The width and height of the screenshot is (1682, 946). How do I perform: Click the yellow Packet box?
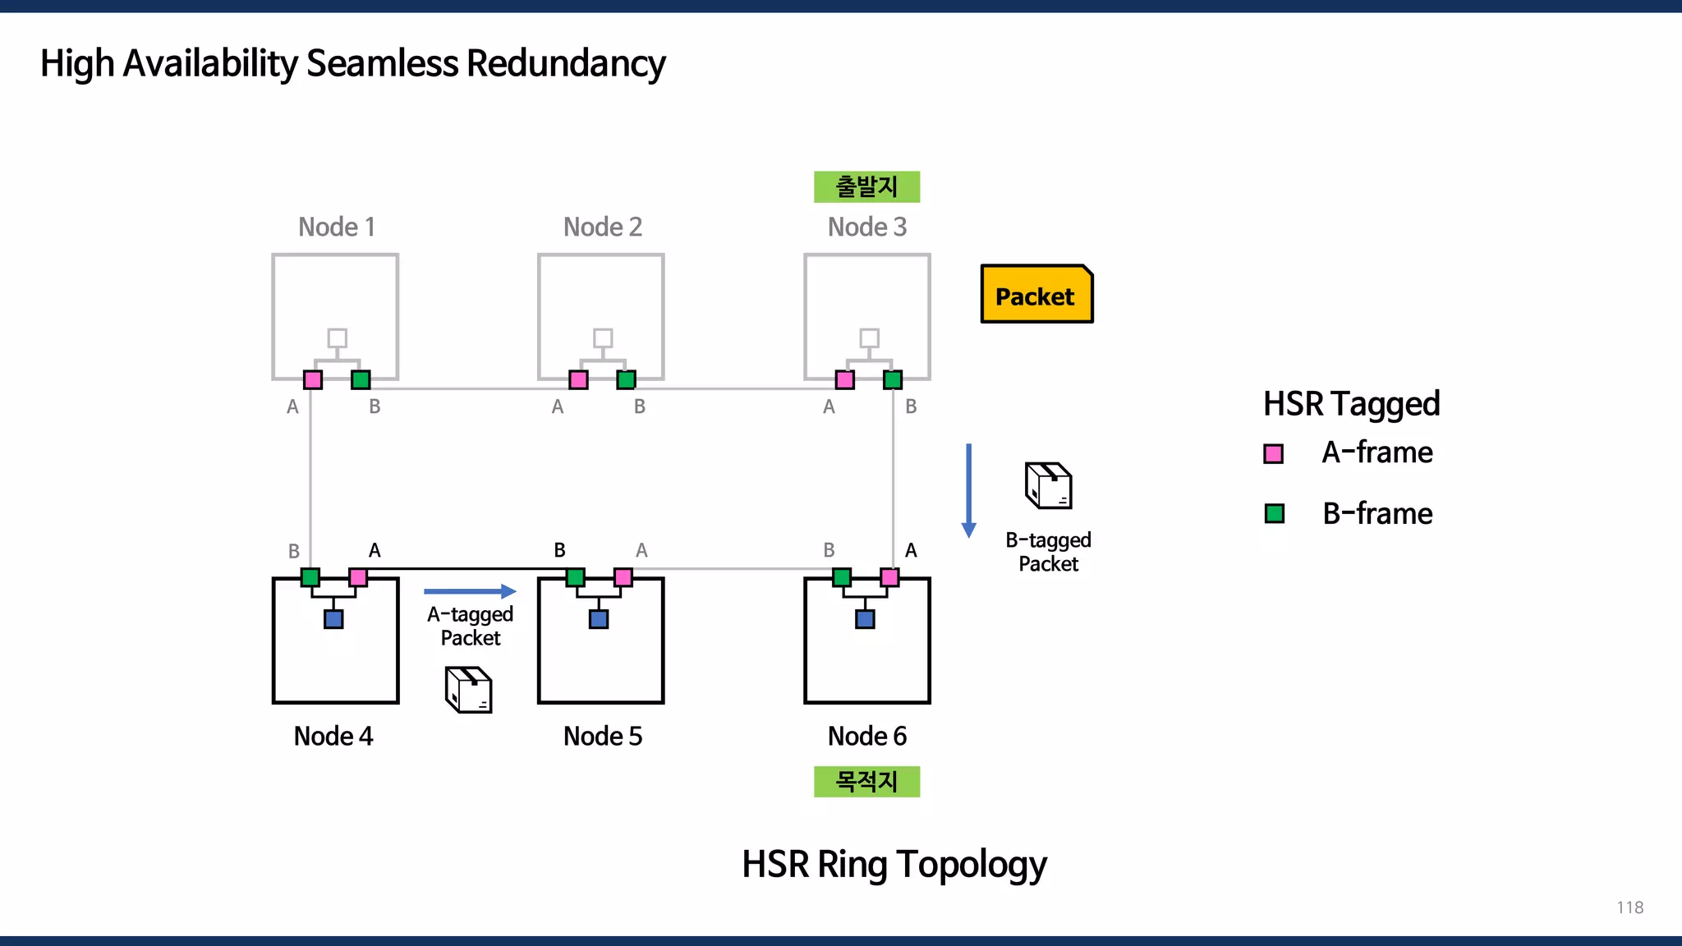(1036, 294)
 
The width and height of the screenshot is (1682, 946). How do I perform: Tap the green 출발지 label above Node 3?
(866, 187)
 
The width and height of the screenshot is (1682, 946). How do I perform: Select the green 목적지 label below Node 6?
(866, 781)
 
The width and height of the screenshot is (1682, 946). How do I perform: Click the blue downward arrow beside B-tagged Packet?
(969, 490)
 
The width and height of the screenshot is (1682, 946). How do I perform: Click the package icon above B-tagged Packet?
(1049, 485)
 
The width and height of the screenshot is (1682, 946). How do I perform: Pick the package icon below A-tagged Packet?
(469, 689)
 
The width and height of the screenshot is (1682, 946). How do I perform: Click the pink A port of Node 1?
(313, 379)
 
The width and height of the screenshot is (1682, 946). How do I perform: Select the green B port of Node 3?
(893, 379)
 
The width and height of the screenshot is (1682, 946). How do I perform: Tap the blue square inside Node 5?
(599, 619)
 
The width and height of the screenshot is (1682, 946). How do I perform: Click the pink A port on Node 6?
(889, 577)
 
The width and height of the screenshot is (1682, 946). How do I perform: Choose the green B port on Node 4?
(310, 577)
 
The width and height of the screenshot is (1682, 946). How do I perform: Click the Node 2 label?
(602, 227)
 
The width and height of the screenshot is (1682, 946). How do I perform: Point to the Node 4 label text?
(333, 736)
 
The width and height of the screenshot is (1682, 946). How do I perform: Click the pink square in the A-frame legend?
(1274, 453)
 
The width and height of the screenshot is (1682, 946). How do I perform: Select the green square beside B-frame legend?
(1275, 514)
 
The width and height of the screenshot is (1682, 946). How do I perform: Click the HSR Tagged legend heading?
(1351, 404)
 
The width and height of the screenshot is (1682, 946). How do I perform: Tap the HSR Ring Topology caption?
(894, 864)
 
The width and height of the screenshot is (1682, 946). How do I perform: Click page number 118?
(1629, 907)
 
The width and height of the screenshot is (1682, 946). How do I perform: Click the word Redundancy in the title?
(566, 63)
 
